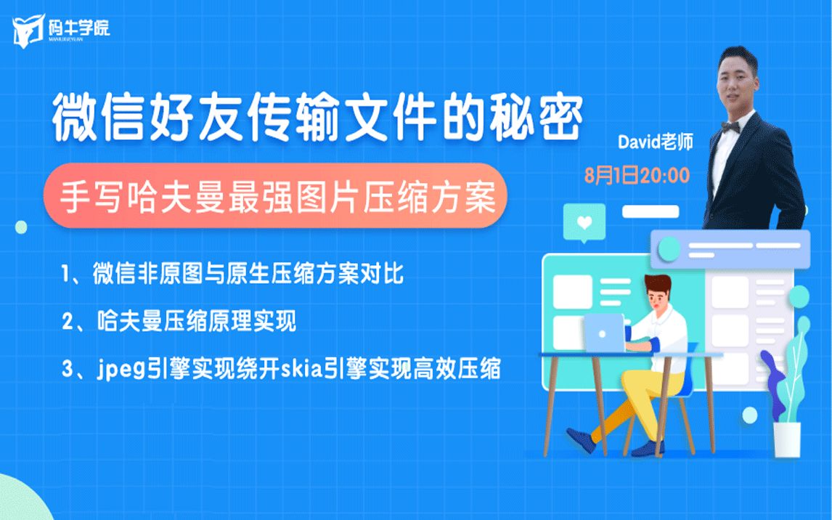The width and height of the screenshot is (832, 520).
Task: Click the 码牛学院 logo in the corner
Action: (x=60, y=30)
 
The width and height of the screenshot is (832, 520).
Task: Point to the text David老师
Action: (x=655, y=142)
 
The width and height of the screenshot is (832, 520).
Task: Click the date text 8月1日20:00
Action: (x=637, y=175)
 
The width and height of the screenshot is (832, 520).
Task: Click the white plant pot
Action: (x=786, y=439)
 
